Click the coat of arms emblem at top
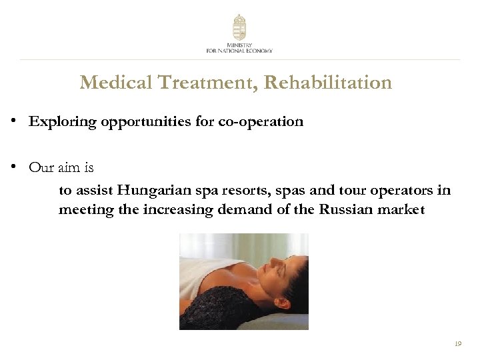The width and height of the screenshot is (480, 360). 239,27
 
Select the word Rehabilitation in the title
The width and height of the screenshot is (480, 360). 327,83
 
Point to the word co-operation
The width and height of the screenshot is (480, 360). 261,122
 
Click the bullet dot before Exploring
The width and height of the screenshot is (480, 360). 13,122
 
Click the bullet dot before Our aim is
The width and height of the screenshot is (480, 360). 13,167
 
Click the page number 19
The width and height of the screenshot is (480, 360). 457,344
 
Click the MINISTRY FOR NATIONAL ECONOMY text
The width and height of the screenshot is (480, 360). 239,47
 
